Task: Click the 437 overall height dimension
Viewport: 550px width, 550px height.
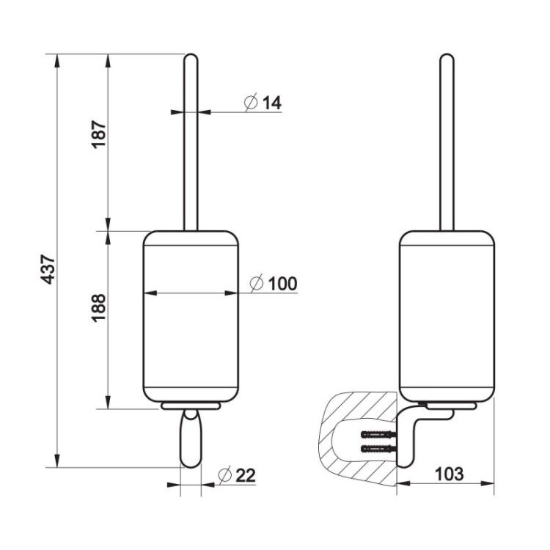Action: [x=48, y=269]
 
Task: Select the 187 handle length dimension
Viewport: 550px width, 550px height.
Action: [x=99, y=134]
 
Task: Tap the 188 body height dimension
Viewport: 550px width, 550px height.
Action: [x=98, y=308]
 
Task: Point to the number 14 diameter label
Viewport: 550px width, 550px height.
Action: [x=272, y=103]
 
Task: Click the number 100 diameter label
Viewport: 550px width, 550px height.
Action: [x=283, y=283]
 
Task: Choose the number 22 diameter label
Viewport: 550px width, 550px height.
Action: [x=246, y=476]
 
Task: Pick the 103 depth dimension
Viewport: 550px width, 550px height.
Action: [x=449, y=474]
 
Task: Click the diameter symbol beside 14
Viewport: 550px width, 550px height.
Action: [x=251, y=102]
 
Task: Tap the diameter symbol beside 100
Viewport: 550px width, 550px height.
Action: [x=257, y=283]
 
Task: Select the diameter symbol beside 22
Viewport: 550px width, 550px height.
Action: [x=225, y=475]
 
